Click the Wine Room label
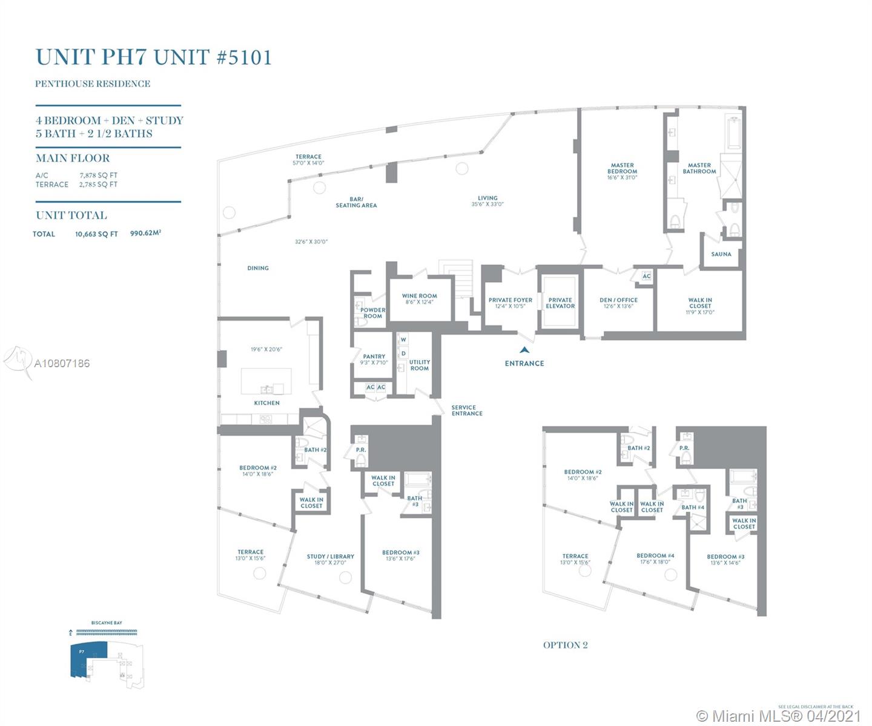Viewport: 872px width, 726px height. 419,296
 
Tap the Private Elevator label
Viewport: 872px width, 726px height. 560,303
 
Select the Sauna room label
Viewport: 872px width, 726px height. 721,255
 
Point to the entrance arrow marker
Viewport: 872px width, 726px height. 524,350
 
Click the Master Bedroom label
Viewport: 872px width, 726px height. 622,168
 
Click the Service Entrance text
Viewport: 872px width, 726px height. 467,411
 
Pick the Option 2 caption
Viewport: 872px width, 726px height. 565,645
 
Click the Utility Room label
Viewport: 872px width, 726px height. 419,365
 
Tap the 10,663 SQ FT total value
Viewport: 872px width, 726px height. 96,234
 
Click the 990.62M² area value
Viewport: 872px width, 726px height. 145,234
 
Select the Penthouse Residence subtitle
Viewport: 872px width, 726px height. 93,84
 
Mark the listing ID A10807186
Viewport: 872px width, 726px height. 62,364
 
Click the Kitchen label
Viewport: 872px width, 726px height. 266,403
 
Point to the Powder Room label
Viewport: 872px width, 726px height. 372,313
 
